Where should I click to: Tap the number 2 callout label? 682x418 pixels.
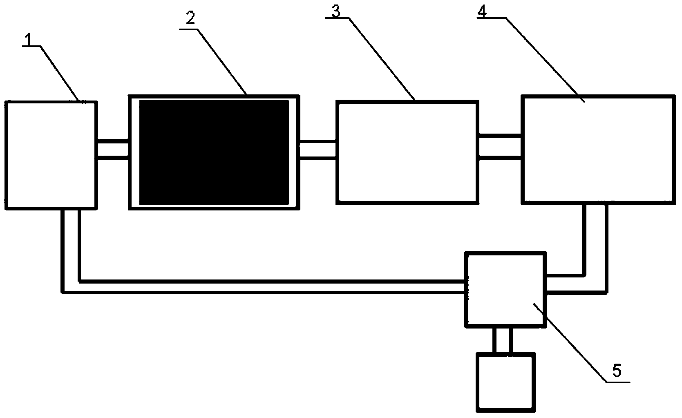click(x=190, y=18)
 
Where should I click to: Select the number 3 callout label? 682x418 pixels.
click(x=336, y=11)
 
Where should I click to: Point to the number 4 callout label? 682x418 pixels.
click(x=482, y=11)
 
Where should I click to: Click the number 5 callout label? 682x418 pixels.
click(x=617, y=371)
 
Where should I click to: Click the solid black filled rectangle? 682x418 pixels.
click(x=214, y=152)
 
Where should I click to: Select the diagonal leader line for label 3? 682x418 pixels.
click(x=382, y=59)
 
